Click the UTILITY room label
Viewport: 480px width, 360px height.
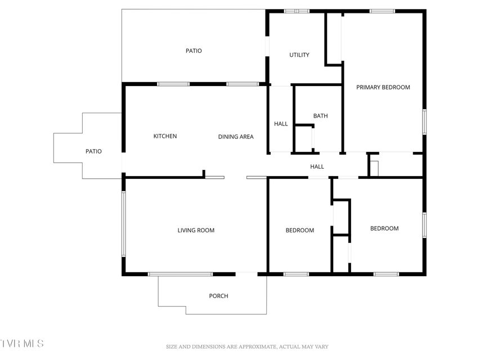(x=299, y=55)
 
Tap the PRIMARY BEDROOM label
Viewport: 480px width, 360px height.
(x=383, y=87)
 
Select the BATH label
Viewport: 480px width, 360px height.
(x=320, y=116)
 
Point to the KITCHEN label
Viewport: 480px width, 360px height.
(x=165, y=136)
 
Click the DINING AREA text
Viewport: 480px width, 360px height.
(x=236, y=137)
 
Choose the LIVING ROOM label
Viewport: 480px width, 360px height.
(x=196, y=230)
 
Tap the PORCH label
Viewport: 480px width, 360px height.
(x=218, y=296)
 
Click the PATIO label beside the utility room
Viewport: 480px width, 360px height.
(x=194, y=51)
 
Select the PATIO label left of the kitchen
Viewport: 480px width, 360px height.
(x=93, y=151)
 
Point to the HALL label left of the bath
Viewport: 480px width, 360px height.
(x=281, y=124)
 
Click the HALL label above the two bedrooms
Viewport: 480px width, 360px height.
(x=317, y=166)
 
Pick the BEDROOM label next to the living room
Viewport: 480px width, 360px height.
(x=300, y=230)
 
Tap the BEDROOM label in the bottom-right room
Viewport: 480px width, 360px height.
(x=384, y=228)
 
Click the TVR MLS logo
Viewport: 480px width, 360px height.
(x=22, y=343)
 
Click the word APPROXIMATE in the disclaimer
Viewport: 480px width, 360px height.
(x=257, y=347)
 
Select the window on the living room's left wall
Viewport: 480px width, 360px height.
(x=124, y=224)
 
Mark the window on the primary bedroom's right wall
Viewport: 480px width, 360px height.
(x=424, y=122)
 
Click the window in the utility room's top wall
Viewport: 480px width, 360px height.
(x=297, y=11)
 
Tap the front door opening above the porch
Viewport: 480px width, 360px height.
(x=246, y=274)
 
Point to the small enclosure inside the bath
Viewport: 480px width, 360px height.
(x=304, y=139)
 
